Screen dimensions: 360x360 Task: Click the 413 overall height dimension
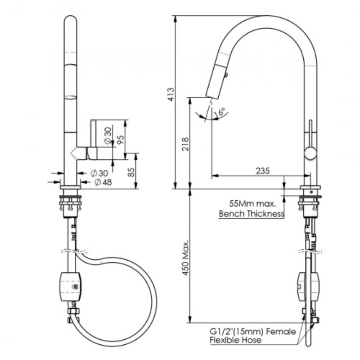tap(171, 94)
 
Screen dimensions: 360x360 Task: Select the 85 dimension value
tap(131, 172)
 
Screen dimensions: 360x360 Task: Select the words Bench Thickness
tap(251, 214)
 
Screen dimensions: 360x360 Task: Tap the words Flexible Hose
tap(235, 341)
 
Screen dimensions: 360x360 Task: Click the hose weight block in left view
tap(70, 286)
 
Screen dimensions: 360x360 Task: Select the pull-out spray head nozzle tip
tap(211, 94)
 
